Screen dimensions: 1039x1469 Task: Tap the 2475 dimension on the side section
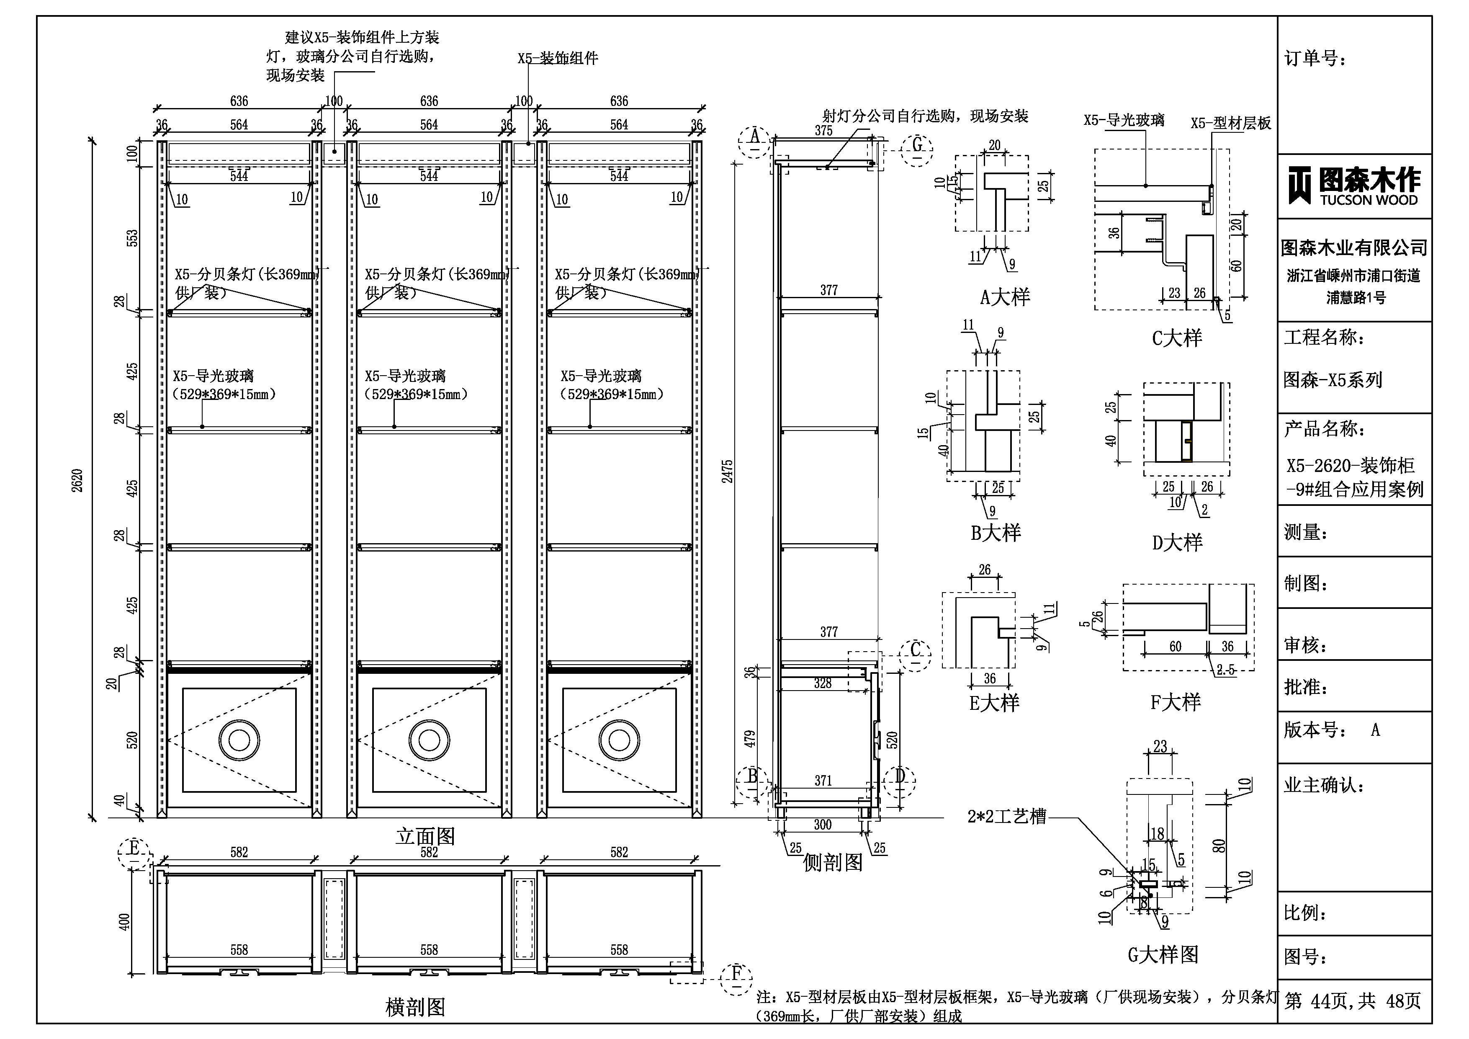point(728,471)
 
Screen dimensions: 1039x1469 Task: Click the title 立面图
point(425,836)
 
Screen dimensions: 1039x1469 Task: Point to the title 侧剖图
point(832,862)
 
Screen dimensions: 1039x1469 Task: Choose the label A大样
point(1005,297)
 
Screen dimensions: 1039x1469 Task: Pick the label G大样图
point(1163,954)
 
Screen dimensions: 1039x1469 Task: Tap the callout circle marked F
point(736,979)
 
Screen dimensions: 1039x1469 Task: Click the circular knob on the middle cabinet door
point(429,740)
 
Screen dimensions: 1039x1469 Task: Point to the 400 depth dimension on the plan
point(125,922)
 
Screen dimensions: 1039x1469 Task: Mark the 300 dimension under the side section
point(823,825)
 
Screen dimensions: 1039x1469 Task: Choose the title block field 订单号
point(1315,59)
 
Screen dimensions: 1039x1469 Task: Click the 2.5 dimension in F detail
point(1226,670)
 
